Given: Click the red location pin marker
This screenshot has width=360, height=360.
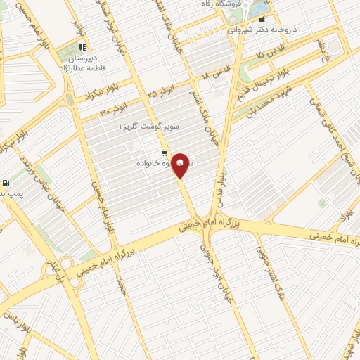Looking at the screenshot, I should click(181, 165).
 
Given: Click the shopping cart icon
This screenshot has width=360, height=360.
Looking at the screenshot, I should click(164, 153).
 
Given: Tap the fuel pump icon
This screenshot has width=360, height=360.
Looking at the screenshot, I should click(6, 183).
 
